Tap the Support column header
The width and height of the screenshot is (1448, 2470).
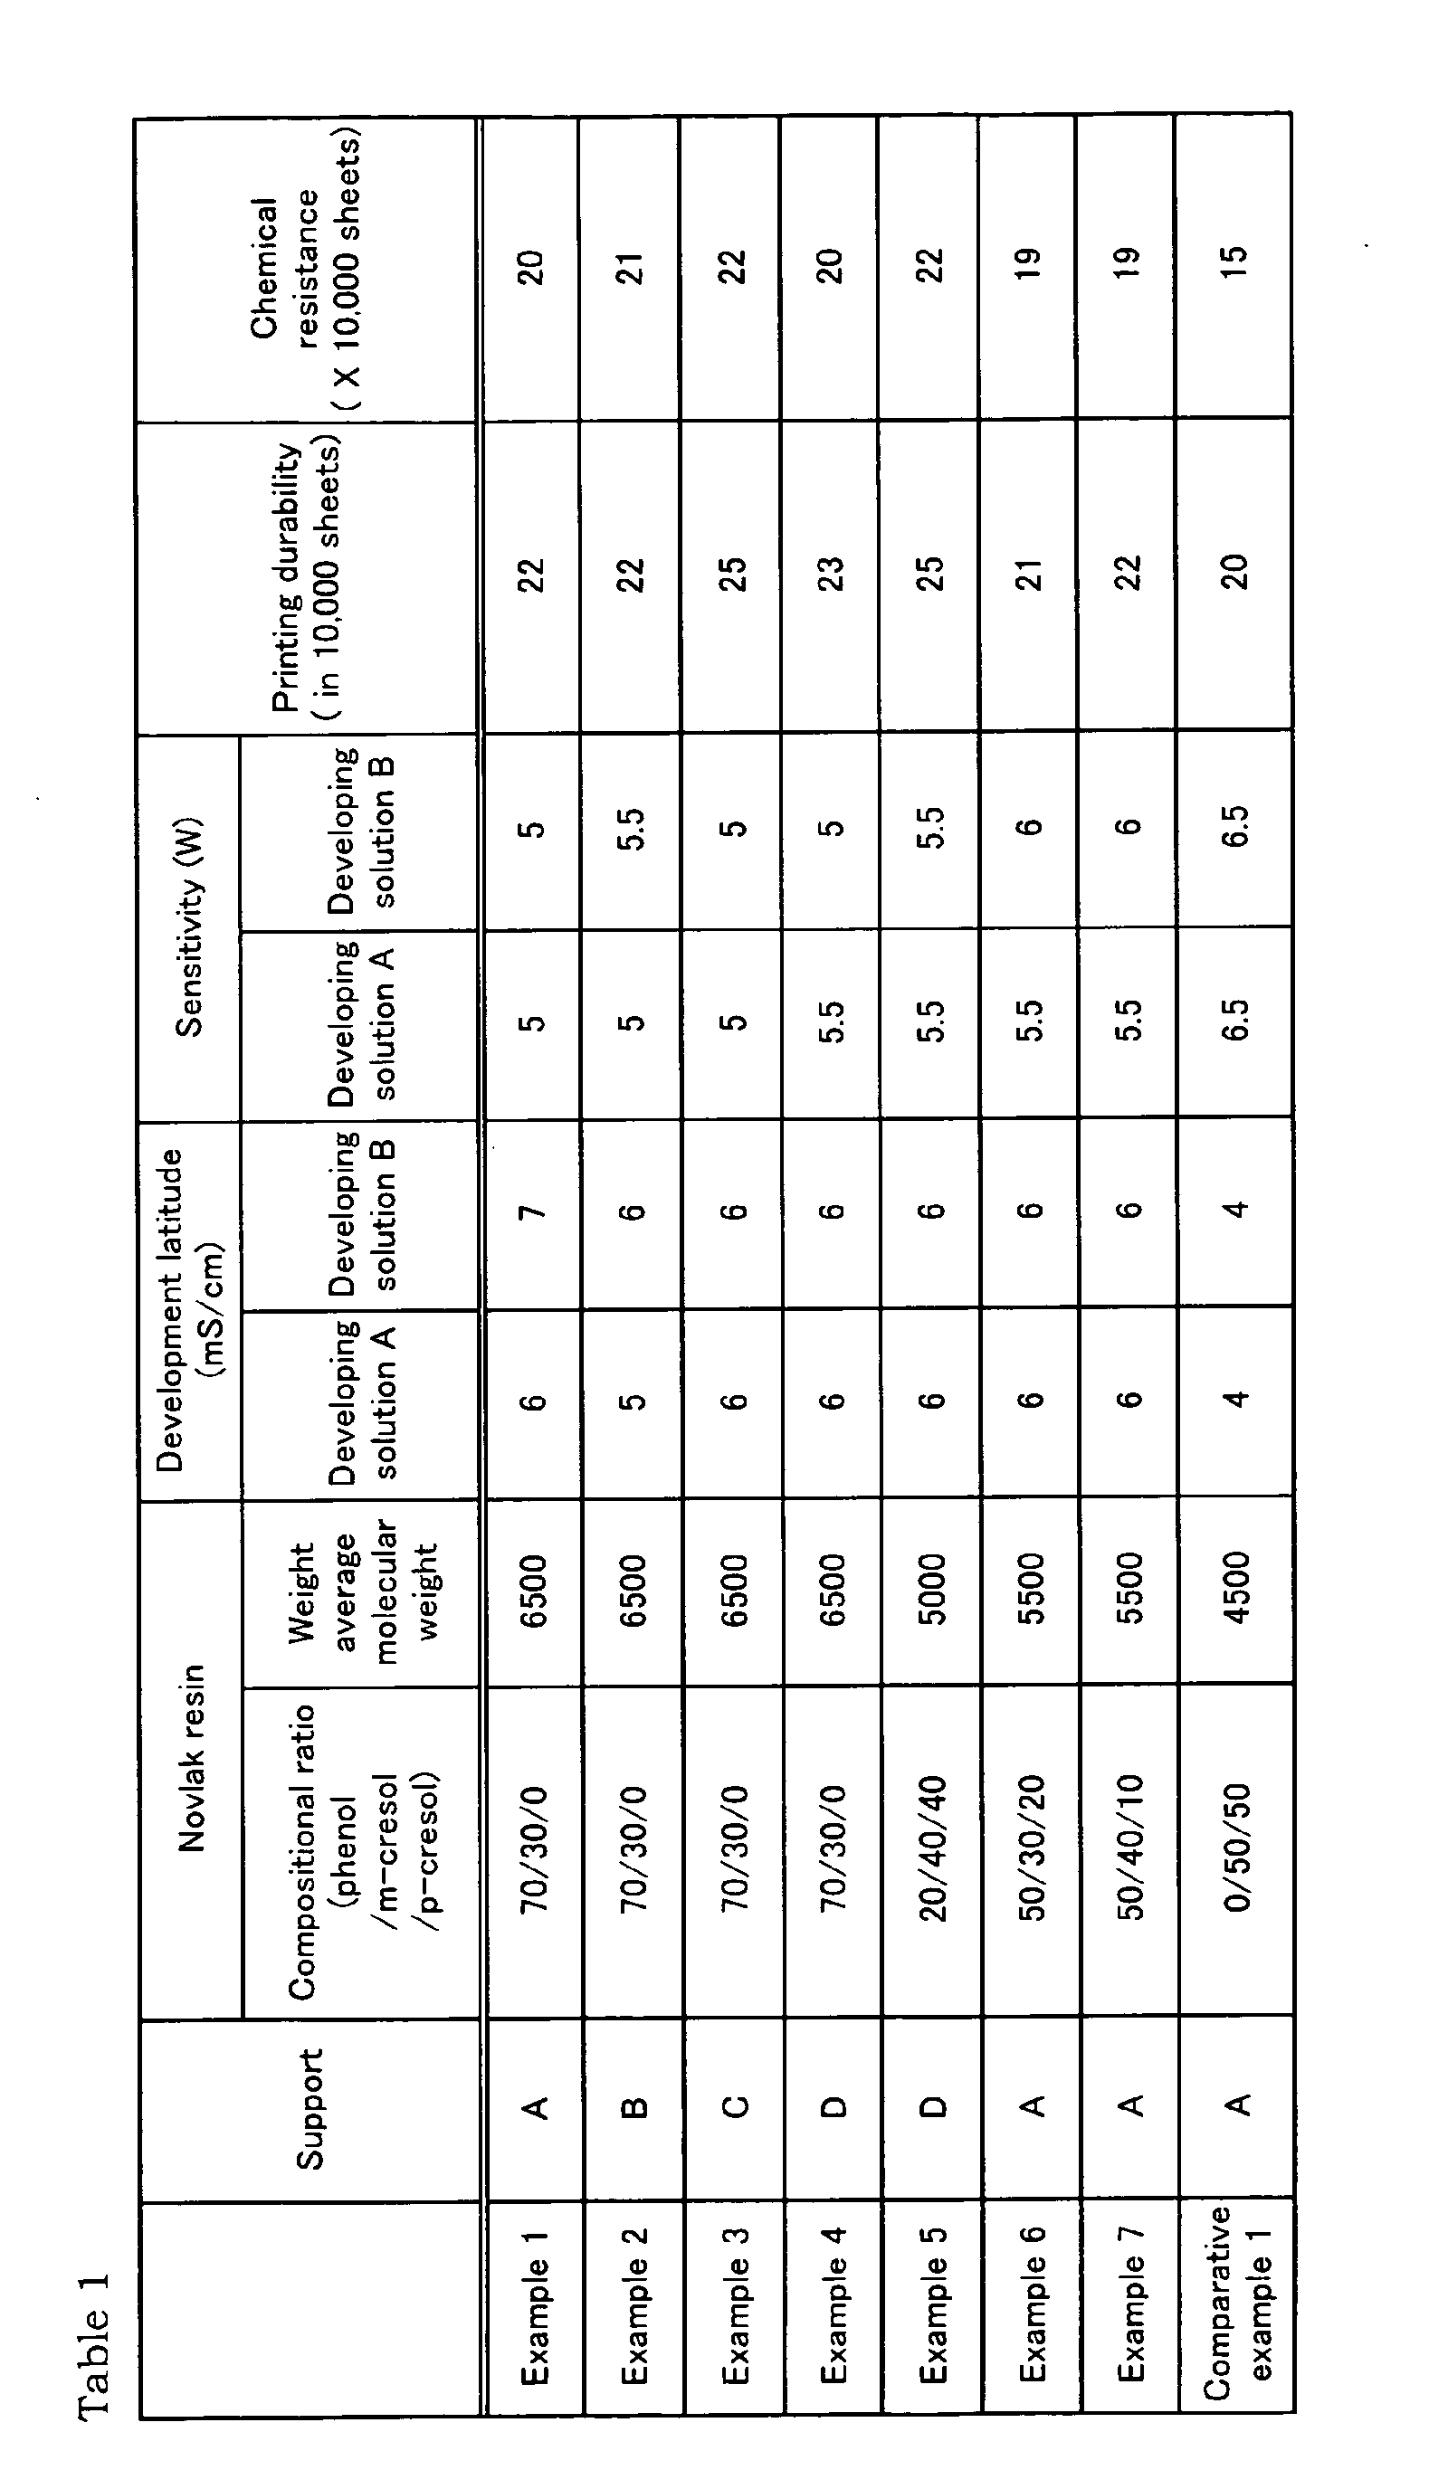[x=310, y=2108]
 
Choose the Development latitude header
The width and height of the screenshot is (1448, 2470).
[x=190, y=1309]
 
